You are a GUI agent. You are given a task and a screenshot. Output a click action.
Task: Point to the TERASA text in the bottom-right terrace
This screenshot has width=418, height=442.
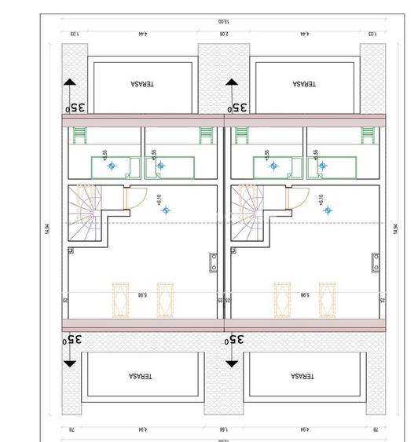point(303,376)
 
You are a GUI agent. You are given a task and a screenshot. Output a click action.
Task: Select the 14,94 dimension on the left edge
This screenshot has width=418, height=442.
point(49,228)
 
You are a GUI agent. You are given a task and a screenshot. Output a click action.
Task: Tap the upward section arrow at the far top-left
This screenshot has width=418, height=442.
point(69,85)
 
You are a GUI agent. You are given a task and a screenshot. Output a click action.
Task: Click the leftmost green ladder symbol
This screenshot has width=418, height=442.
point(78,135)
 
